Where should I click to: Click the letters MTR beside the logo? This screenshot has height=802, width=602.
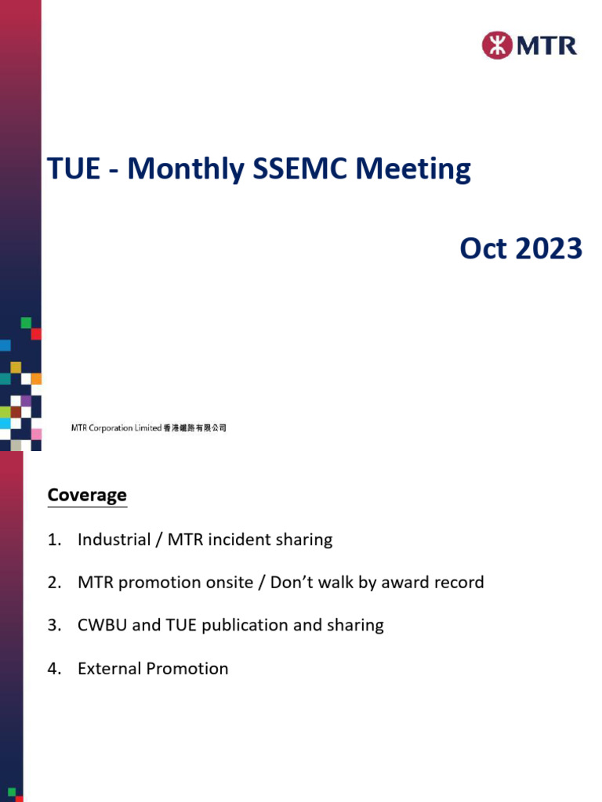(x=547, y=45)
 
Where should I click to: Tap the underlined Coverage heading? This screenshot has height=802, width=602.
(x=87, y=495)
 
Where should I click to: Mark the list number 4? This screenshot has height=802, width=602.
(x=53, y=668)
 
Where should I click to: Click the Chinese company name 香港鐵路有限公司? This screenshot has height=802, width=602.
(x=194, y=428)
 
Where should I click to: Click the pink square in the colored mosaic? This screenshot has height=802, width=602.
(x=36, y=434)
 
